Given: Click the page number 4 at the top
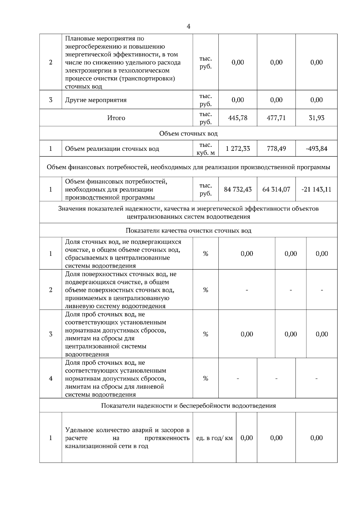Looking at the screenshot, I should pos(188,27).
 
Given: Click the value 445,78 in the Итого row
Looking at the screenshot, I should pos(238,118).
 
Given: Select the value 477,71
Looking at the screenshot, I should pos(276,118).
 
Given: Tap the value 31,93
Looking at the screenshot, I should pos(316,118).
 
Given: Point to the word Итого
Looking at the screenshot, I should pos(116,118).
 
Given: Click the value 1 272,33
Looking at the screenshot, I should pos(238,149).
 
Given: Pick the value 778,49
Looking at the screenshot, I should pos(276,149).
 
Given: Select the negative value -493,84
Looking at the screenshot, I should pos(316,149).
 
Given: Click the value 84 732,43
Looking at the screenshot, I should pos(238,189).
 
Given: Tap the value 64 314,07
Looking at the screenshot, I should pos(276,189).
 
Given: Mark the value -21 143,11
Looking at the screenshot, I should pos(316,189).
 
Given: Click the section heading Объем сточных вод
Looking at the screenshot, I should pos(188,134).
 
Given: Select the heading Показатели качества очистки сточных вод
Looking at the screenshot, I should pos(188,231).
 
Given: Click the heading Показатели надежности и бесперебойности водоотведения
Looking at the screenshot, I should pos(188,406).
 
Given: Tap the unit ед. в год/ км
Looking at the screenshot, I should pos(214,438).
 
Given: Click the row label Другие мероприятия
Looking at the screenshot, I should pos(96,100).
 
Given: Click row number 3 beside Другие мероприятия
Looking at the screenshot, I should pos(50,100).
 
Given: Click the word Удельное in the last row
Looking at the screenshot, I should pos(79,430).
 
